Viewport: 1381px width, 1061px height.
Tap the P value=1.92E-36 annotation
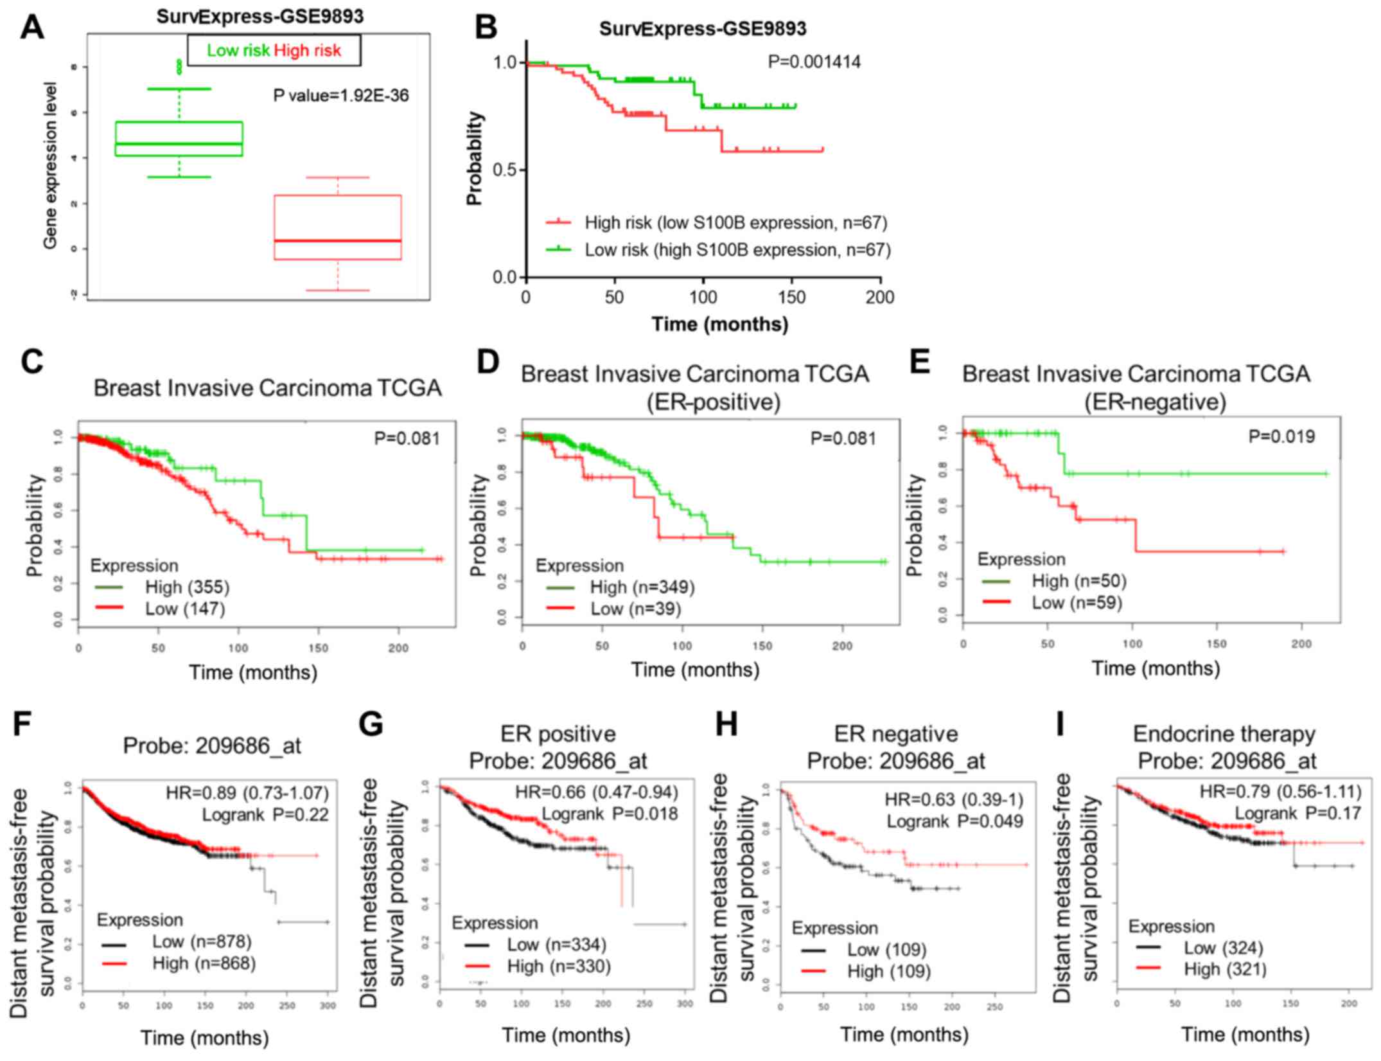[x=341, y=96]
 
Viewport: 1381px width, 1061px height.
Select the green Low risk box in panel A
[x=179, y=139]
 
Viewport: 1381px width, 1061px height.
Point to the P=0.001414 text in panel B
[x=814, y=62]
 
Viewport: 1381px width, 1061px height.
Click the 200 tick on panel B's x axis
[x=879, y=298]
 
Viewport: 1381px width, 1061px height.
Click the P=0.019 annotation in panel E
[x=1281, y=437]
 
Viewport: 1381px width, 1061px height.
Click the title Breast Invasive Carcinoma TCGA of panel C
[x=268, y=388]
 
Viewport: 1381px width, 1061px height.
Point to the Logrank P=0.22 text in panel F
[x=265, y=815]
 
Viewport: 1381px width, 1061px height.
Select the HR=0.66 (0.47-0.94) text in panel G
[x=596, y=792]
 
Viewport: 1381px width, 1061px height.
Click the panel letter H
[x=726, y=724]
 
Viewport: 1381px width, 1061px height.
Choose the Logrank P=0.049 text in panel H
[x=955, y=821]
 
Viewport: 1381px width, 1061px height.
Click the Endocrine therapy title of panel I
[x=1224, y=734]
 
